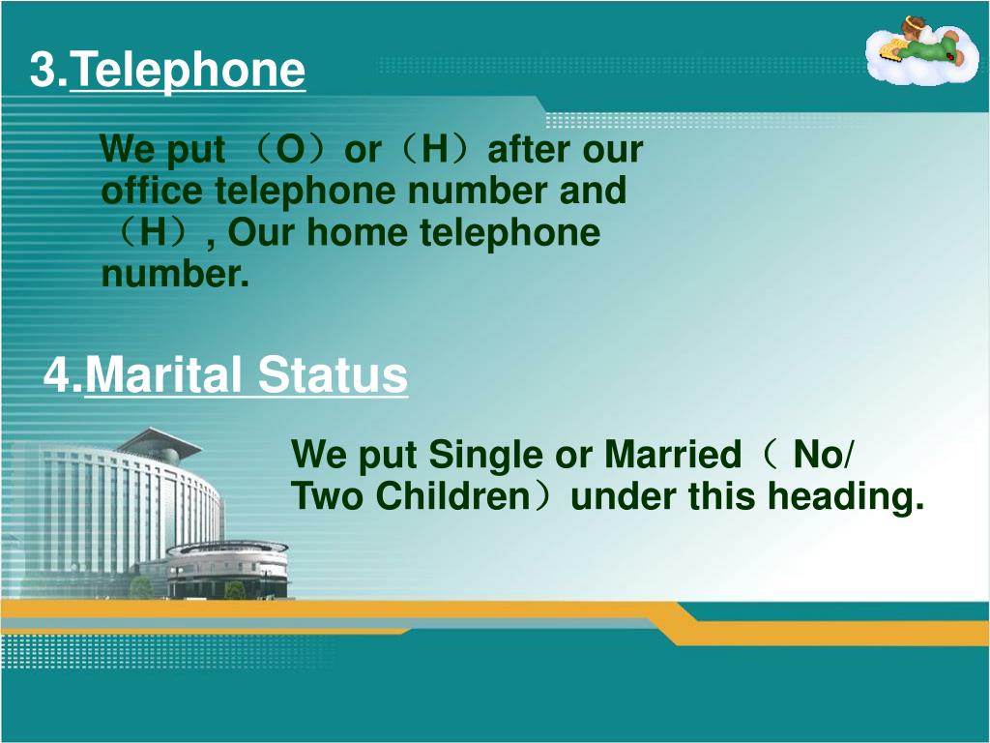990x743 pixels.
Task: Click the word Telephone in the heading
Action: click(x=188, y=71)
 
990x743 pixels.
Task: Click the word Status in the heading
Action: click(x=333, y=375)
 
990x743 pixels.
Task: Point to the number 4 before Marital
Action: click(x=55, y=375)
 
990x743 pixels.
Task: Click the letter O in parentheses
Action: click(x=290, y=150)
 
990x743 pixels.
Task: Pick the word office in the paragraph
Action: click(x=152, y=191)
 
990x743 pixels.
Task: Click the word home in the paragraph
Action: click(x=358, y=232)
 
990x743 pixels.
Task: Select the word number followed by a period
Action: click(x=175, y=273)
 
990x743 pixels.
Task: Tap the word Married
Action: click(x=673, y=455)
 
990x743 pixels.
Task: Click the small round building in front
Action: click(x=228, y=569)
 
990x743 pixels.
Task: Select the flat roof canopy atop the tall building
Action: click(x=157, y=440)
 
